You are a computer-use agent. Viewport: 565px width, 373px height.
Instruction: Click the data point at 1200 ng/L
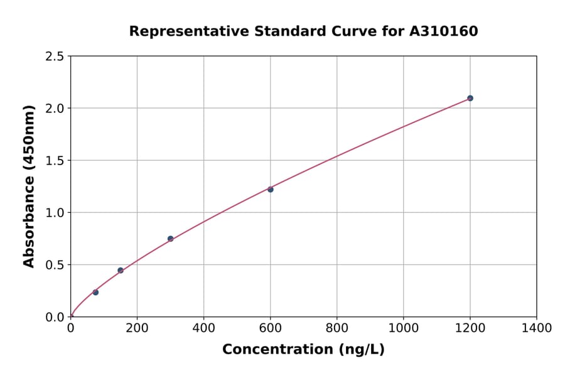(x=470, y=98)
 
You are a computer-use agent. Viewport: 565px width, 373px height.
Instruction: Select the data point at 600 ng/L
(x=271, y=189)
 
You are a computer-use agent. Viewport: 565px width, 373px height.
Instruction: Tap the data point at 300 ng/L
(x=170, y=239)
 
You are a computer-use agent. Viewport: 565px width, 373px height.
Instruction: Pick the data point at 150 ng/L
(x=121, y=271)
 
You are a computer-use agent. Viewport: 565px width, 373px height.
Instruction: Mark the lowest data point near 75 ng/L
(x=95, y=292)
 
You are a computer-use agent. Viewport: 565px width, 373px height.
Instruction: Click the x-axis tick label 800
(x=337, y=328)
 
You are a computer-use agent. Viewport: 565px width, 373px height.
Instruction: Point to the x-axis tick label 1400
(x=537, y=328)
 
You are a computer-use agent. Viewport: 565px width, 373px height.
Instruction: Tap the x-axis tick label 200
(x=137, y=328)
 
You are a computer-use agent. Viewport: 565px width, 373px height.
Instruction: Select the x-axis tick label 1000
(x=404, y=328)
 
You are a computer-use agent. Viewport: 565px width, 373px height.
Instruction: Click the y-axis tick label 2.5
(x=54, y=57)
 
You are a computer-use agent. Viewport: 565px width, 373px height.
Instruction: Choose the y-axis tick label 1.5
(x=54, y=161)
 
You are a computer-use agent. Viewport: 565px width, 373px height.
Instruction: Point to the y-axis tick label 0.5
(x=54, y=265)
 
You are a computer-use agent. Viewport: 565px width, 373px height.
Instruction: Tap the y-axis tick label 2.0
(x=54, y=109)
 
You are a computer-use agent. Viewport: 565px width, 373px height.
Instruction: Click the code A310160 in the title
(x=443, y=31)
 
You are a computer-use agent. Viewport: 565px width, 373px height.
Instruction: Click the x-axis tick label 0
(x=70, y=328)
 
